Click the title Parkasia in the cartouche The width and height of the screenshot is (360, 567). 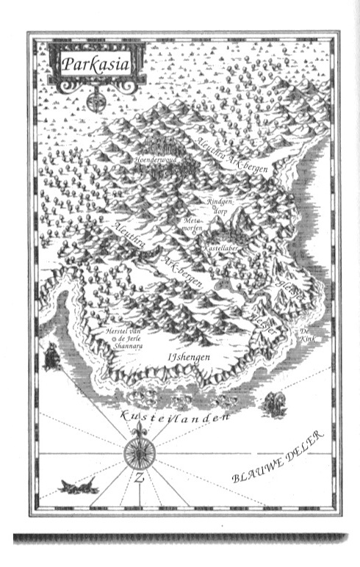point(95,64)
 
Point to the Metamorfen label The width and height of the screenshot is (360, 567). point(192,223)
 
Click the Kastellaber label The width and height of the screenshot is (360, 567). point(220,250)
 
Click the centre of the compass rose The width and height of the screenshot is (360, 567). point(137,449)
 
